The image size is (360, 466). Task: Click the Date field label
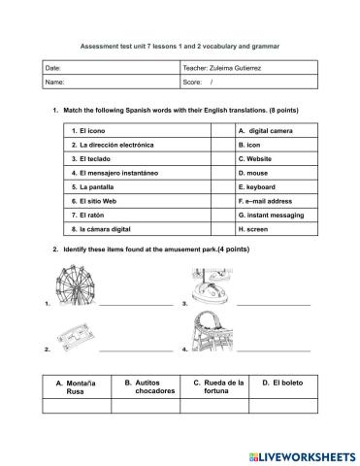(55, 67)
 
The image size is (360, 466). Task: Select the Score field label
(196, 83)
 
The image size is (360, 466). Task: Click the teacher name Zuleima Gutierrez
(244, 67)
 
